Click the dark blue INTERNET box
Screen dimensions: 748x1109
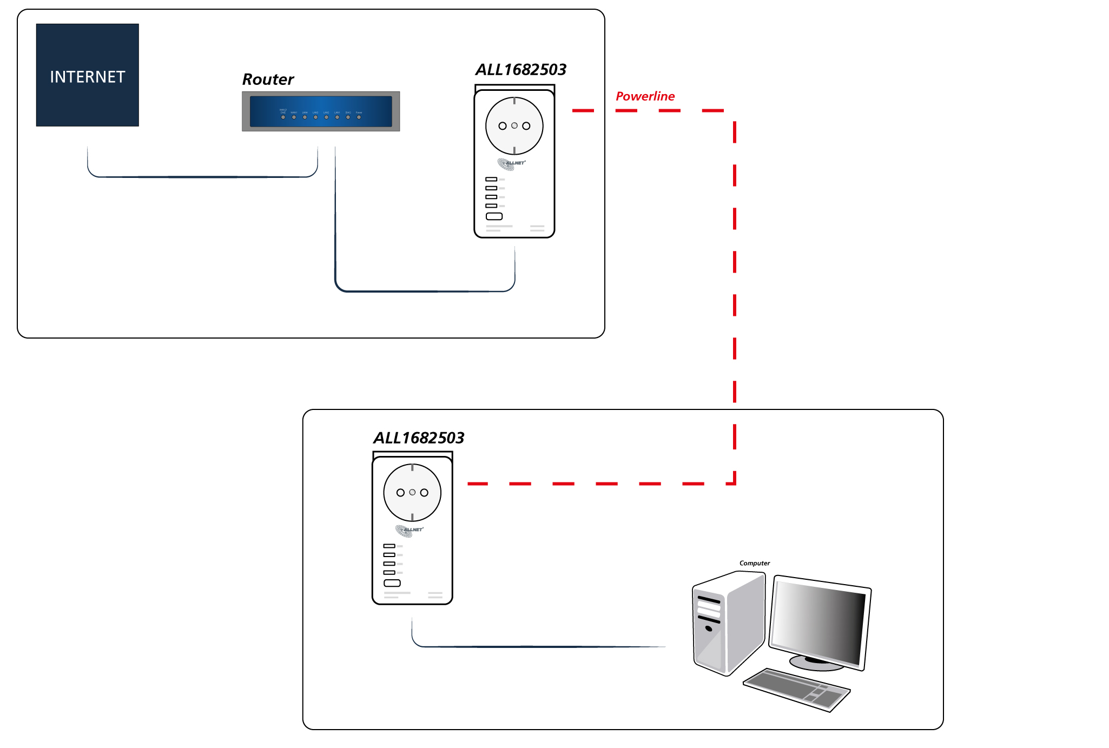(87, 75)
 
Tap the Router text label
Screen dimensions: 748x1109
(268, 80)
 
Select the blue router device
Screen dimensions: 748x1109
(321, 111)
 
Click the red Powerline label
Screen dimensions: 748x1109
(645, 96)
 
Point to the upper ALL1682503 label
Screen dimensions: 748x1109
(520, 70)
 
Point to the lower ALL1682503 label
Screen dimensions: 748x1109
(419, 438)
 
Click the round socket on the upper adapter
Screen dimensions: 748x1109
(514, 125)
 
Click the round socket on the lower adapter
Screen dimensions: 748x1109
(412, 492)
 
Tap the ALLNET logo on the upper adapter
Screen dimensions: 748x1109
(511, 163)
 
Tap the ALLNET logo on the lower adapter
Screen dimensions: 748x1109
(409, 530)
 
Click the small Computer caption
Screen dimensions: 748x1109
(755, 563)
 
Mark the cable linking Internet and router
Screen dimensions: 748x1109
(203, 177)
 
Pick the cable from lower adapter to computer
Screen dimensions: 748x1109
(541, 646)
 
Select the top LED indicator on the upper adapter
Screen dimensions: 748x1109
(491, 179)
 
